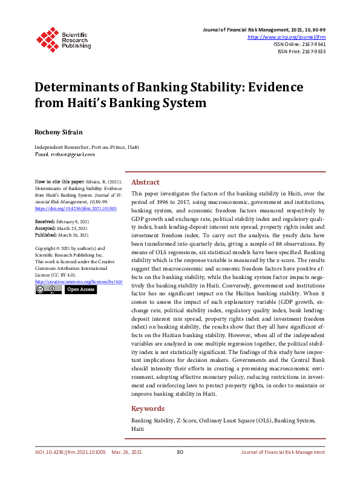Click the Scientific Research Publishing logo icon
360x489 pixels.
coord(47,38)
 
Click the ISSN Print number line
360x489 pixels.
coord(301,51)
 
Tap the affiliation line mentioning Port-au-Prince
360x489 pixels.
coord(87,147)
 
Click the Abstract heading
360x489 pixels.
coord(145,182)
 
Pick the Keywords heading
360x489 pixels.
coord(148,409)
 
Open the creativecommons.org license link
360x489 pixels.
coord(79,281)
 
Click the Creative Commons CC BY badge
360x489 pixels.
coord(46,289)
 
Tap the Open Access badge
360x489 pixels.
coord(80,289)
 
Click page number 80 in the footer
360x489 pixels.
coord(180,452)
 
